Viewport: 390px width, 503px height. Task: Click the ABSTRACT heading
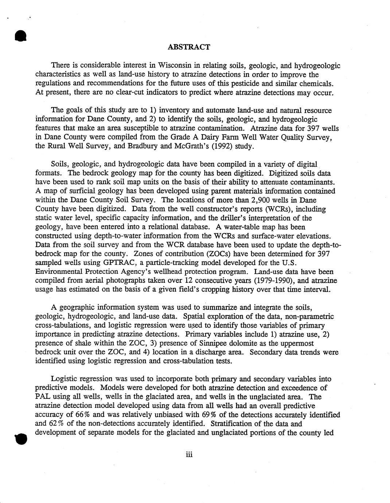point(189,47)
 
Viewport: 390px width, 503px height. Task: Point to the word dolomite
point(234,343)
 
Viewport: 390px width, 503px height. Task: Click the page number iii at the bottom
point(189,455)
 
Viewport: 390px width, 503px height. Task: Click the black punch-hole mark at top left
point(20,37)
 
